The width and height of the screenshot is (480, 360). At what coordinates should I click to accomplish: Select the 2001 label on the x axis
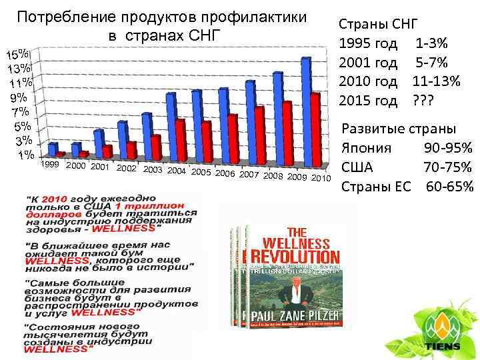pyautogui.click(x=99, y=166)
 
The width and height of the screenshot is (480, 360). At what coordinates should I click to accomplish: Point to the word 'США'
pyautogui.click(x=357, y=166)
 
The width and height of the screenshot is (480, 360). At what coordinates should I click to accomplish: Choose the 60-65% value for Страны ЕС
pyautogui.click(x=449, y=185)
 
